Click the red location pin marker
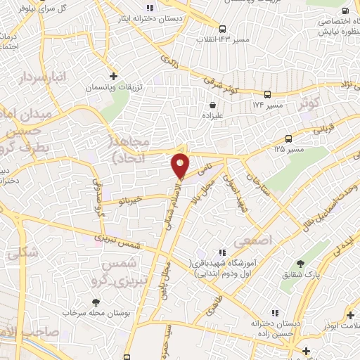(x=181, y=165)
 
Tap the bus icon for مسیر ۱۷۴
(x=267, y=94)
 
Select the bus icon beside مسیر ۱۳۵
(x=289, y=139)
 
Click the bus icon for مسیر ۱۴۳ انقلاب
(x=222, y=29)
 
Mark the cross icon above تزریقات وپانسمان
(x=113, y=76)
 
